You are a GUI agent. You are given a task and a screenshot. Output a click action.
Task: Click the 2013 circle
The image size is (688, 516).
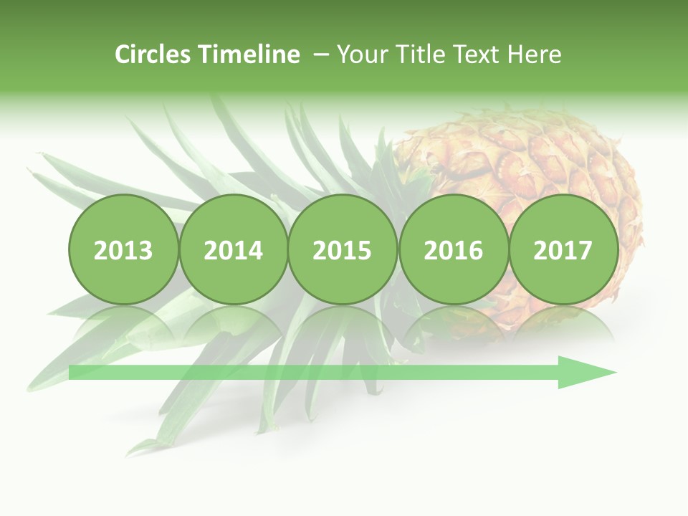[x=123, y=249]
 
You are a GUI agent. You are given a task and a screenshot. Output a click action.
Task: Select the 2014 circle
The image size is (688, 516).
[x=233, y=249]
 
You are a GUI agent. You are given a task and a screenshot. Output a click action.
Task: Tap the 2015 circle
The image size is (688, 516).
[x=343, y=249]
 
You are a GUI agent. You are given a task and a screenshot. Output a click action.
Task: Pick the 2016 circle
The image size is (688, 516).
[x=453, y=249]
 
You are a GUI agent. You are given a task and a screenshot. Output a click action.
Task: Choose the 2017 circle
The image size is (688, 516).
[x=563, y=249]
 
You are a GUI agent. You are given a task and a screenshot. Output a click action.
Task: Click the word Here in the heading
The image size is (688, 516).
[x=535, y=54]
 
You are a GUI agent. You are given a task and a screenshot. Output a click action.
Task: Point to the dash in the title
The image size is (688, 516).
[x=321, y=54]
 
